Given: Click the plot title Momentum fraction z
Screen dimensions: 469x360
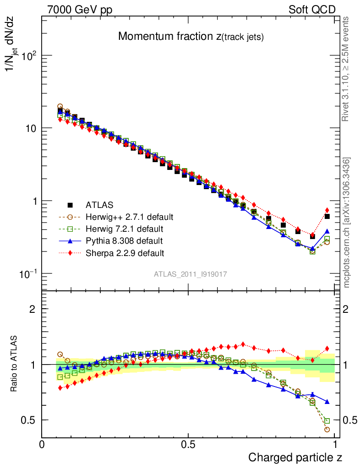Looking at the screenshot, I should [191, 37].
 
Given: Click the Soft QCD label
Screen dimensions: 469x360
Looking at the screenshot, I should [312, 10].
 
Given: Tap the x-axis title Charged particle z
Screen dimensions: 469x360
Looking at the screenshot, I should [295, 457].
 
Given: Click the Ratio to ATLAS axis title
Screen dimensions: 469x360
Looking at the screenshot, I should [14, 364].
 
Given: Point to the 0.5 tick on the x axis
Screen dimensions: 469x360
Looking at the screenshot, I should [188, 444].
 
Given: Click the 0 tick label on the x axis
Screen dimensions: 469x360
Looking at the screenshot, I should [42, 444].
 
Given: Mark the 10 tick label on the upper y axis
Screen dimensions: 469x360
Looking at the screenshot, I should [30, 128].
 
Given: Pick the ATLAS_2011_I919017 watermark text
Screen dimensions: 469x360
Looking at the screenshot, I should [191, 274].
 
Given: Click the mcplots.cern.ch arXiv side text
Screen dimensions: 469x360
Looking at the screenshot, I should [347, 223].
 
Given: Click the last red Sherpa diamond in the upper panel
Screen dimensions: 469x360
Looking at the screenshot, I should [327, 210].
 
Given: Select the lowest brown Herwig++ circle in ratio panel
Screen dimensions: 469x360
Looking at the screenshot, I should [327, 429].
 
